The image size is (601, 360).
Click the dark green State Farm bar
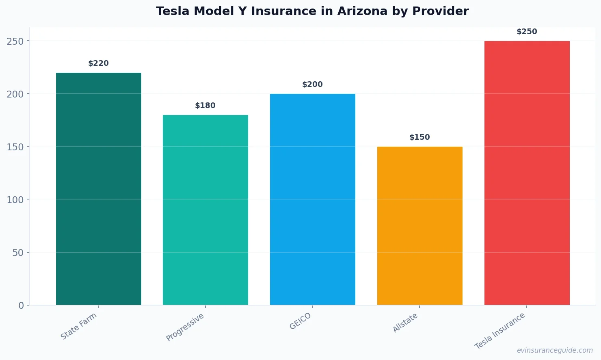point(99,189)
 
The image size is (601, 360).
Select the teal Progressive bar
point(205,210)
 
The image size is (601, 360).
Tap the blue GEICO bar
point(313,199)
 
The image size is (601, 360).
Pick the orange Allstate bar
point(419,226)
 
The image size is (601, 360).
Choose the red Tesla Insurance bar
point(527,173)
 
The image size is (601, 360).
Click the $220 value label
point(99,63)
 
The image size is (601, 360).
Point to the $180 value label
point(205,106)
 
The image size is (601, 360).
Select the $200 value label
point(313,85)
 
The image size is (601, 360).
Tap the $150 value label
point(419,137)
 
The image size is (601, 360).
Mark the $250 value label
point(527,32)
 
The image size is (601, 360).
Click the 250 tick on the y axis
point(15,41)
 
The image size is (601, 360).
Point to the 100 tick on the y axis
point(15,200)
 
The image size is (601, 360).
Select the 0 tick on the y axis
point(21,306)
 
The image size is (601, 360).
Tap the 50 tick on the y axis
point(18,253)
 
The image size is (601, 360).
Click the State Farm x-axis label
point(79,326)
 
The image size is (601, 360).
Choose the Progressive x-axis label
point(185,327)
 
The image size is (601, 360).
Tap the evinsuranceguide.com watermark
point(555,350)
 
